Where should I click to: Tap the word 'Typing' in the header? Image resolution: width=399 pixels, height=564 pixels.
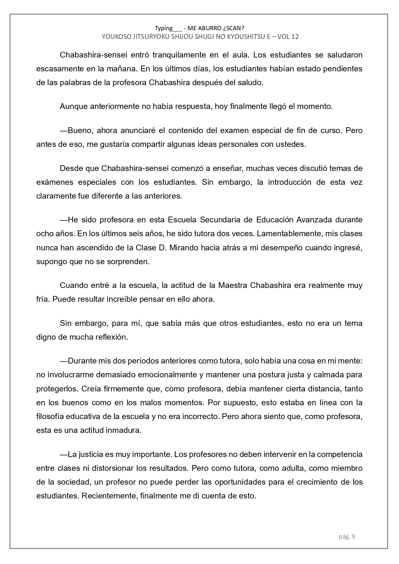tap(164, 28)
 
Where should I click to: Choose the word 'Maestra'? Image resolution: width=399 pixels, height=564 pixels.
tap(233, 285)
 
